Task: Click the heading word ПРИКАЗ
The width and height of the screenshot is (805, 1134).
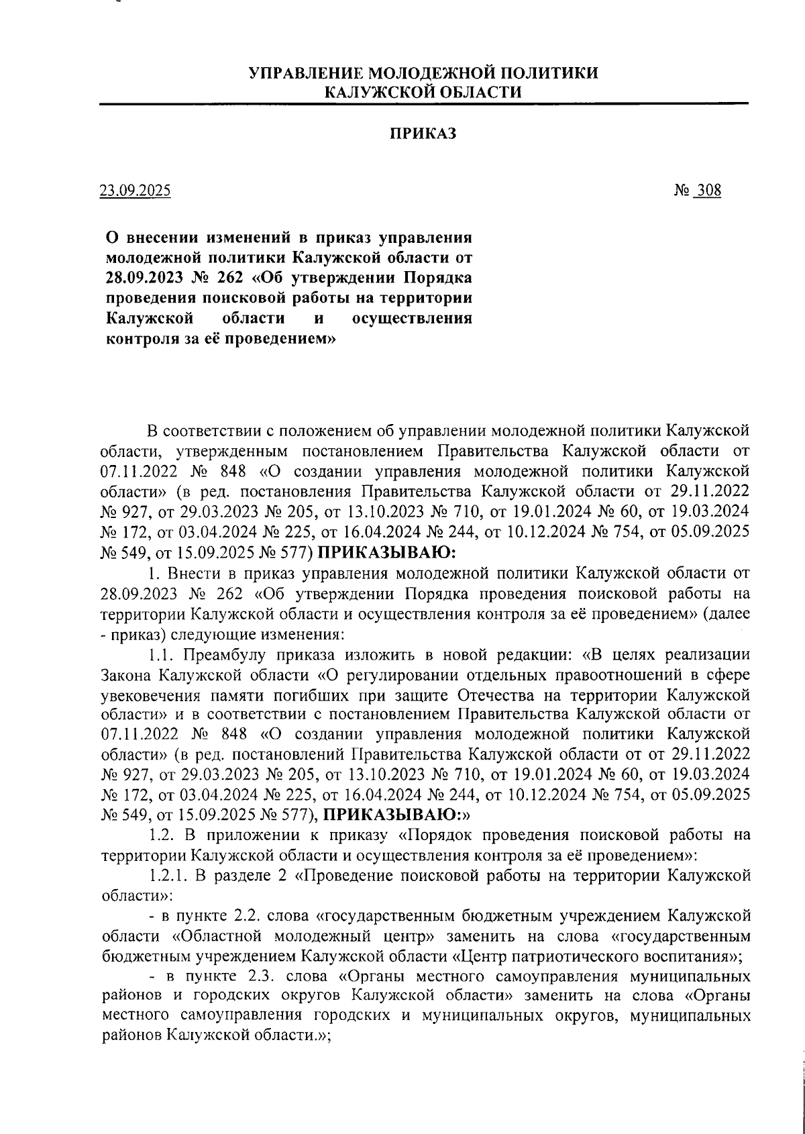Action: pyautogui.click(x=423, y=134)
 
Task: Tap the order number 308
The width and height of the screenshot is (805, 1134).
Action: pyautogui.click(x=708, y=191)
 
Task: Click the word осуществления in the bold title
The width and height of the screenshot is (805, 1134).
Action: pyautogui.click(x=412, y=317)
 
